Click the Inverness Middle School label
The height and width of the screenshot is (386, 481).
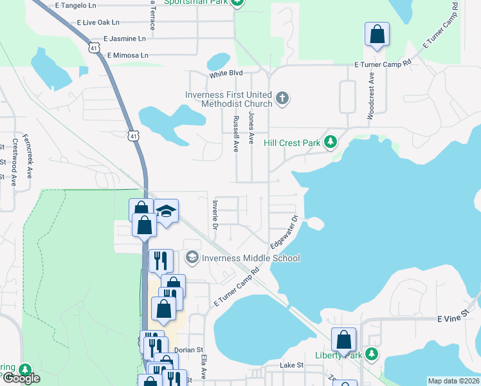coord(251,258)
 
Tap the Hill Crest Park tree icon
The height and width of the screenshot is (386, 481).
coord(331,142)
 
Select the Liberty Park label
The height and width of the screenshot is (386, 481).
coord(339,354)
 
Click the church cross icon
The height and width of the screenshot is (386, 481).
coord(282,98)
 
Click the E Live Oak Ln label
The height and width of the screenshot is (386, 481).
coord(98,22)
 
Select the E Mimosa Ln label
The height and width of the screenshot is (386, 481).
coord(128,55)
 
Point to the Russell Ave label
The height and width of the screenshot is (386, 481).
coord(235,134)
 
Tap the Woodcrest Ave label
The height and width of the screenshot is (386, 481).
coord(370,99)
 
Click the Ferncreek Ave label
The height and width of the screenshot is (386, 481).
coord(28,155)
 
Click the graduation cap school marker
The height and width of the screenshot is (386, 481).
coord(166,212)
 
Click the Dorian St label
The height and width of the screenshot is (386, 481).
coord(188,351)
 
